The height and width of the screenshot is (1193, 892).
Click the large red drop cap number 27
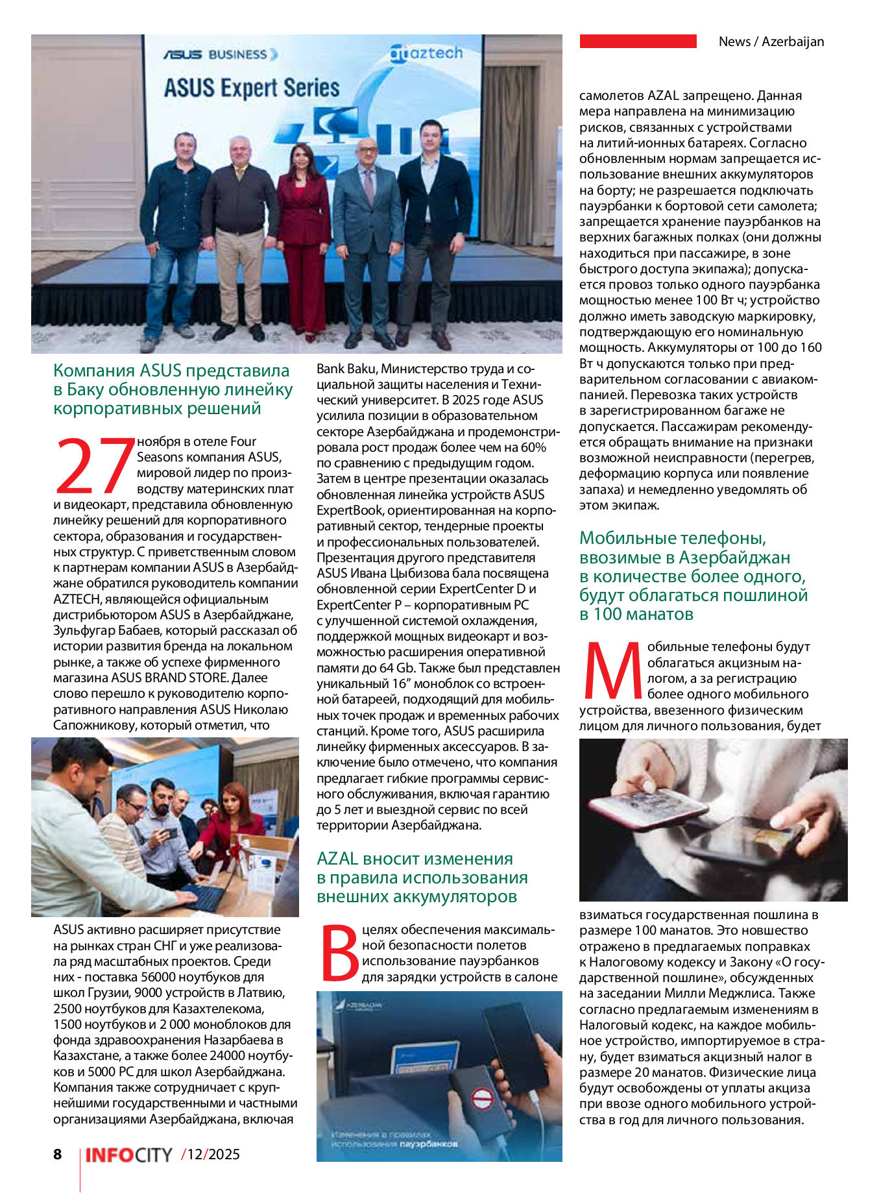[94, 465]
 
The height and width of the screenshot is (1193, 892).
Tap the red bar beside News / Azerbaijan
[638, 42]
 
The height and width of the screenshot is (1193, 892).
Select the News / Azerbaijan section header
[771, 42]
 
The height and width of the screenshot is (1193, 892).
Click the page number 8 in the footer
[58, 1153]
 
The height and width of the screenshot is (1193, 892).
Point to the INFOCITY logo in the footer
[129, 1155]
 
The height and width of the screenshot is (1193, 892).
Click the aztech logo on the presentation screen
[426, 53]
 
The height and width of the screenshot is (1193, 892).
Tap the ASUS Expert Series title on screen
[252, 88]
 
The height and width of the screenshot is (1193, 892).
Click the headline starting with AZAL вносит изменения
[422, 878]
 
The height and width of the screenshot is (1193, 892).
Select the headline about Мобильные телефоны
[693, 576]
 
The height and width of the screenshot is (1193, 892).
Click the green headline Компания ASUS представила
[173, 389]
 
